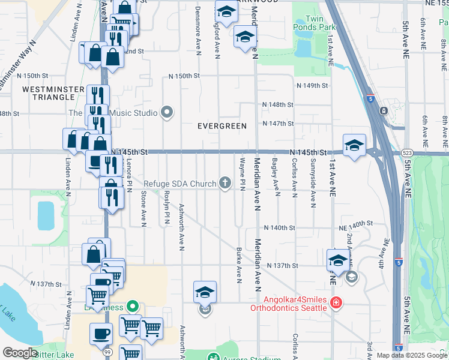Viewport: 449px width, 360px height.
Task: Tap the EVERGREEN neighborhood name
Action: click(x=223, y=126)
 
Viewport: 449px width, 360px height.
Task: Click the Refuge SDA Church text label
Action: click(x=179, y=183)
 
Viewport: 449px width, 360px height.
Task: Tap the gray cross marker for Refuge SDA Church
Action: click(x=226, y=183)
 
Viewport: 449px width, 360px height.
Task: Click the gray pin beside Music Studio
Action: click(x=167, y=113)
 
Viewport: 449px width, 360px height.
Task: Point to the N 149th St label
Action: click(x=312, y=86)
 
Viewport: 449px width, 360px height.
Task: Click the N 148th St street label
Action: click(x=277, y=104)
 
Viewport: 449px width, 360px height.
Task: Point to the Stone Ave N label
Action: click(x=143, y=209)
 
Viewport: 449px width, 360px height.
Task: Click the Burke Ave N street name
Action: click(x=239, y=265)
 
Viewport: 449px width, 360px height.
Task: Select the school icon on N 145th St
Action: click(x=354, y=145)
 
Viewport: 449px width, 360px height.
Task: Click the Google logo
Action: click(x=19, y=352)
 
